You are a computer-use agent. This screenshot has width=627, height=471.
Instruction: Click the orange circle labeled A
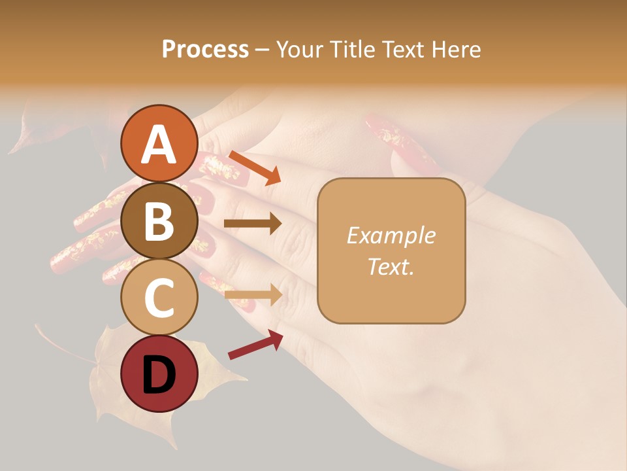[x=159, y=143]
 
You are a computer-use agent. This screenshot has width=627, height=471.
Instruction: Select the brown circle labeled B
[x=159, y=220]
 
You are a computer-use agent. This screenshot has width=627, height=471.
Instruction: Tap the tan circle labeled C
[x=159, y=298]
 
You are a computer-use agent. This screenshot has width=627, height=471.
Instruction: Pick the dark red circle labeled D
[x=159, y=374]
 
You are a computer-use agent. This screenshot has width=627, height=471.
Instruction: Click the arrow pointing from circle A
[x=255, y=167]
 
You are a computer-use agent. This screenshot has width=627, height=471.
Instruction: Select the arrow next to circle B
[x=253, y=224]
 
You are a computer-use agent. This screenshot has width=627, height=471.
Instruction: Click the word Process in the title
[x=205, y=49]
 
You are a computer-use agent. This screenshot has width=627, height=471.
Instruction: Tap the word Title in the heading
[x=353, y=49]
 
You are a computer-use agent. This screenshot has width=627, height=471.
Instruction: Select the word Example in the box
[x=391, y=235]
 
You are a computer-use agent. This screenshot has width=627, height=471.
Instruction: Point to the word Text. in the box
[x=391, y=266]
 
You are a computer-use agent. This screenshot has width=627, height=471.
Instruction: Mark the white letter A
[x=159, y=145]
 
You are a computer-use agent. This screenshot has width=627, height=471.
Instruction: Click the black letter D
[x=159, y=375]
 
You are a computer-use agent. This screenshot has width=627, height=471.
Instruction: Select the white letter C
[x=159, y=298]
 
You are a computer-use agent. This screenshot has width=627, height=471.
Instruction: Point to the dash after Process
[x=263, y=50]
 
